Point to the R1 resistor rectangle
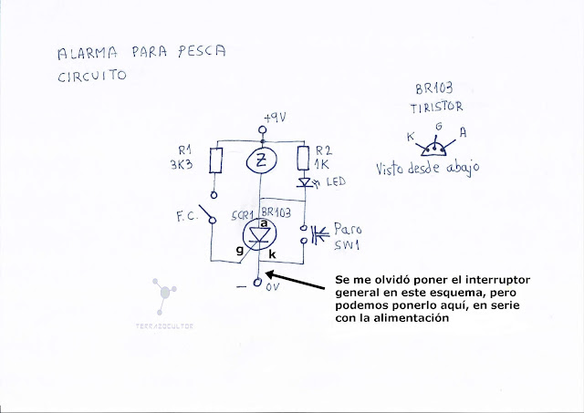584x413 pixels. tap(217, 161)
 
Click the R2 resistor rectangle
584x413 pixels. tap(303, 160)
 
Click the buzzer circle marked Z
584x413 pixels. tap(262, 161)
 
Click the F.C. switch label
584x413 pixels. tap(186, 218)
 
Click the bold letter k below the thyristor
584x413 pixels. tap(272, 258)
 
